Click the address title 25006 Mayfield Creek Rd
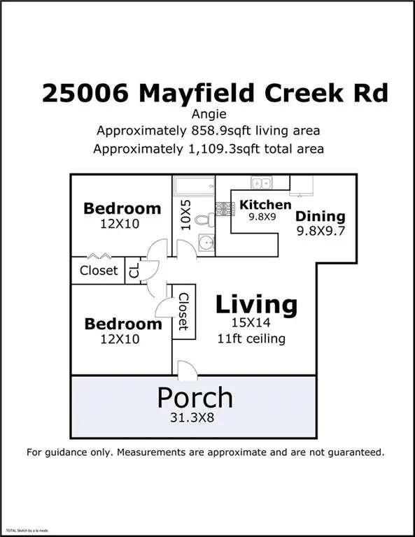(x=214, y=92)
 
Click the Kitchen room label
(x=265, y=205)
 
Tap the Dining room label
(x=321, y=216)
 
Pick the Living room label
(x=256, y=305)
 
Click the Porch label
(x=195, y=396)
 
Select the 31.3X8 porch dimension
(x=195, y=419)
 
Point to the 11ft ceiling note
(x=251, y=339)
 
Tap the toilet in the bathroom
(x=204, y=219)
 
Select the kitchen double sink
(x=262, y=183)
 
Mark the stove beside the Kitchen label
(x=225, y=208)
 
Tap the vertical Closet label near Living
(x=183, y=312)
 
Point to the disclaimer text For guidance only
(x=205, y=452)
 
